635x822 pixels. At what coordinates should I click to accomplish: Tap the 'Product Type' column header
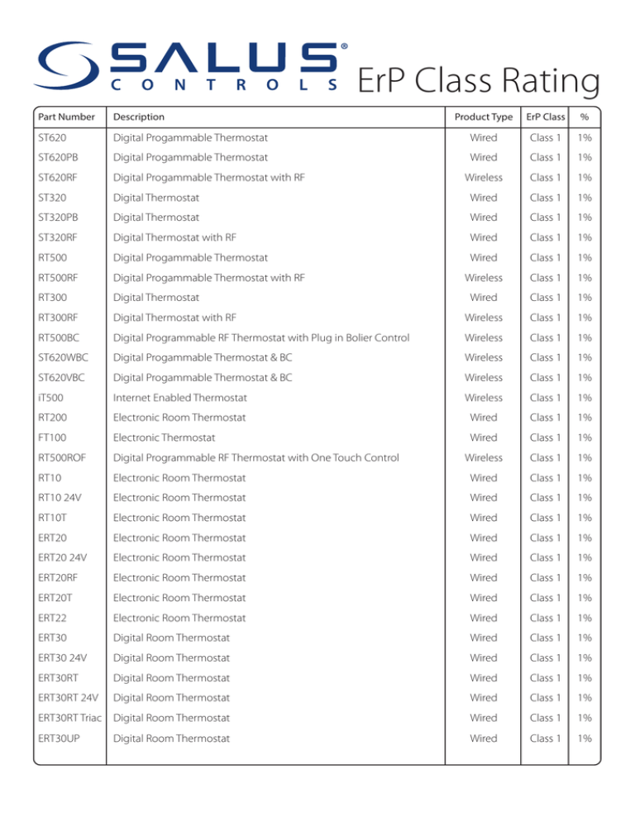pyautogui.click(x=484, y=117)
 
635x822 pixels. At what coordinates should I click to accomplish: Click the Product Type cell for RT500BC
pyautogui.click(x=484, y=337)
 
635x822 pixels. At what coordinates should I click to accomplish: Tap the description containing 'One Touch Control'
pyautogui.click(x=255, y=457)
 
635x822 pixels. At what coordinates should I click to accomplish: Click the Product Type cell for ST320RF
pyautogui.click(x=484, y=237)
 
